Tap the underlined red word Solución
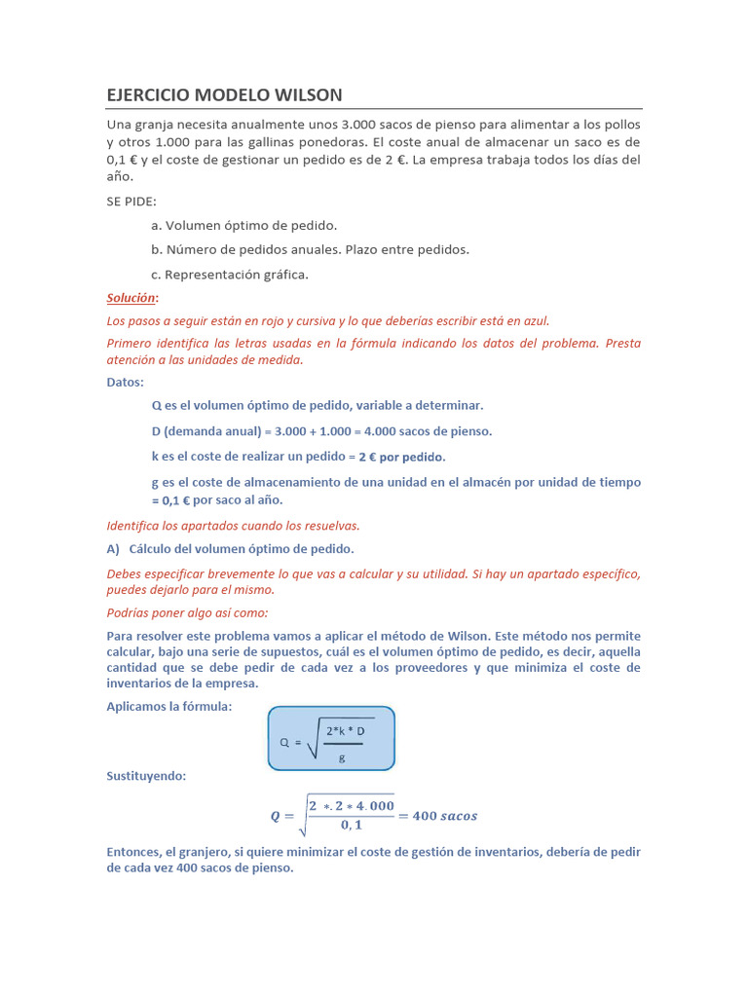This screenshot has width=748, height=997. tap(131, 298)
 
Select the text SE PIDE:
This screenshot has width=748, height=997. tap(131, 201)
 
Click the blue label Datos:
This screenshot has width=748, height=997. tap(125, 382)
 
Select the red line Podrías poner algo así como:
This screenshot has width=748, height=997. tap(186, 612)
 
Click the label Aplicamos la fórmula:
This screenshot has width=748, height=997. tap(168, 707)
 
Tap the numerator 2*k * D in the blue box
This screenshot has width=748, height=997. tap(346, 730)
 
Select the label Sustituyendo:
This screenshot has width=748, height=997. tap(145, 776)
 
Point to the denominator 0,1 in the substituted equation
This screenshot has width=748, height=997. tap(351, 826)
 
